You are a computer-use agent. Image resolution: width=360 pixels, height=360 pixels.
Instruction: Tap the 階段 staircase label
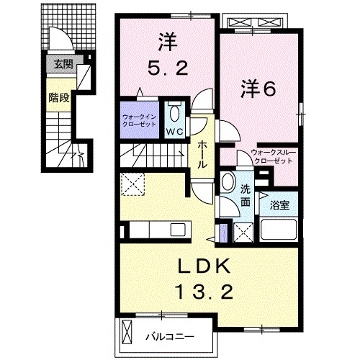(x=59, y=97)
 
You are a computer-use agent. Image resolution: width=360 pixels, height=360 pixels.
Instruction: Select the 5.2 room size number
(x=168, y=69)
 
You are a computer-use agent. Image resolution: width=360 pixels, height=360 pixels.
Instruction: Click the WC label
(x=175, y=132)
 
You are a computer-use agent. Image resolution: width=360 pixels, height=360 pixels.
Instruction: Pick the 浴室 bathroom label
(x=280, y=205)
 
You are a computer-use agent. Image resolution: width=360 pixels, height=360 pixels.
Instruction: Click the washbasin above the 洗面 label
(x=228, y=180)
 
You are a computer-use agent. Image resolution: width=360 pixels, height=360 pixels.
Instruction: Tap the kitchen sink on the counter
(x=177, y=230)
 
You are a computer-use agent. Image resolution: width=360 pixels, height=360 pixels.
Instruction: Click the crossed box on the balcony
(x=128, y=333)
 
